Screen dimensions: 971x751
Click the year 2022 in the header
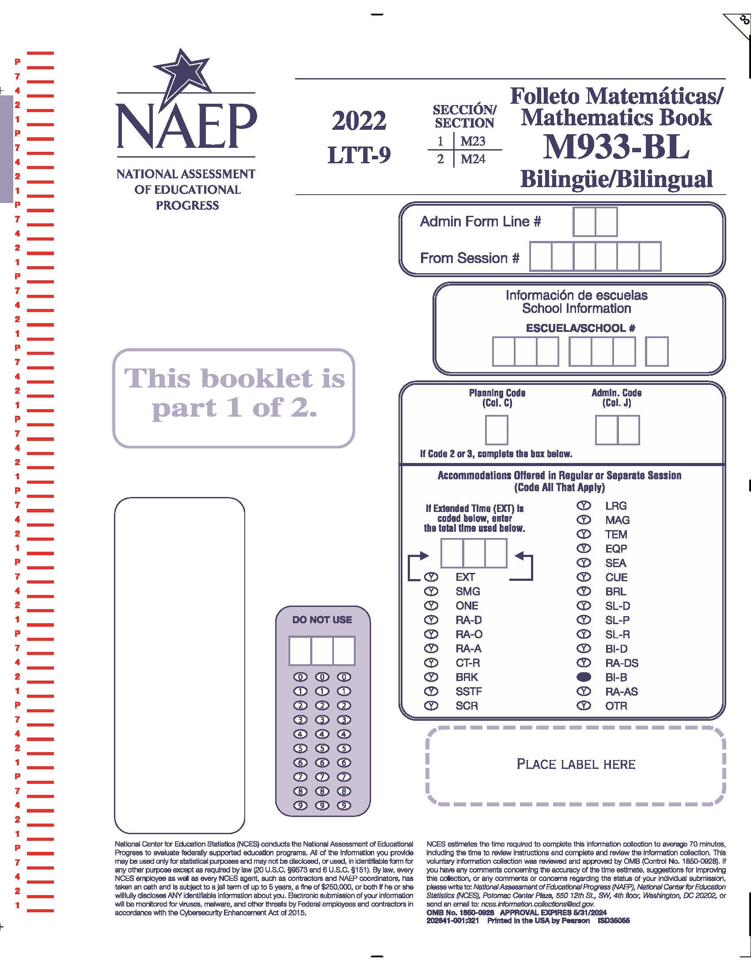click(359, 121)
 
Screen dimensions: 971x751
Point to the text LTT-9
click(359, 155)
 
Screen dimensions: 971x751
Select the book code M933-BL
click(616, 147)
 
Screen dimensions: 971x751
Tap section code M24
click(473, 159)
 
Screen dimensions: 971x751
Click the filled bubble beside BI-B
click(584, 677)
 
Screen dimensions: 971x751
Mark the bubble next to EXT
click(431, 577)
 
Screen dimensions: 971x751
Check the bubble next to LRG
click(584, 506)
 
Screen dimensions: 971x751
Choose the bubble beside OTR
click(584, 706)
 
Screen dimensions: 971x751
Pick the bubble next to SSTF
click(431, 691)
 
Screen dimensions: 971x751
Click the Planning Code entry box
click(496, 430)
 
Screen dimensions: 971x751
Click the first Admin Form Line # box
click(584, 222)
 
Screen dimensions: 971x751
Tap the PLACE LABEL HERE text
click(576, 764)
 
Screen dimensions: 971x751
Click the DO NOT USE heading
click(322, 620)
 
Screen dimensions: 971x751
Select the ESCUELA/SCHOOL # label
click(580, 328)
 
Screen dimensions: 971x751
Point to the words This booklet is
click(234, 378)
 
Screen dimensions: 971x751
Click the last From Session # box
click(649, 256)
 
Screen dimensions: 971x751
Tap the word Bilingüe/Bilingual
click(616, 179)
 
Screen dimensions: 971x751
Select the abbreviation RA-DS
click(622, 663)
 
